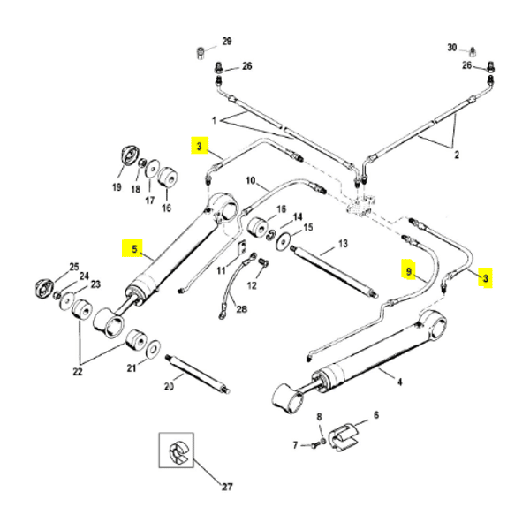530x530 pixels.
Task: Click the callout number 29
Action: click(x=226, y=42)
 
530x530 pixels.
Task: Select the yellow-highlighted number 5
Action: click(x=134, y=249)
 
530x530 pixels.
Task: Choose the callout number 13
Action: click(x=344, y=243)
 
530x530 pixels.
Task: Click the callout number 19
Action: click(x=117, y=188)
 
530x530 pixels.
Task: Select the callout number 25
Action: click(x=74, y=267)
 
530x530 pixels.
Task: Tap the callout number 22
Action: click(x=78, y=372)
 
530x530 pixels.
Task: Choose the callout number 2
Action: click(x=457, y=155)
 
